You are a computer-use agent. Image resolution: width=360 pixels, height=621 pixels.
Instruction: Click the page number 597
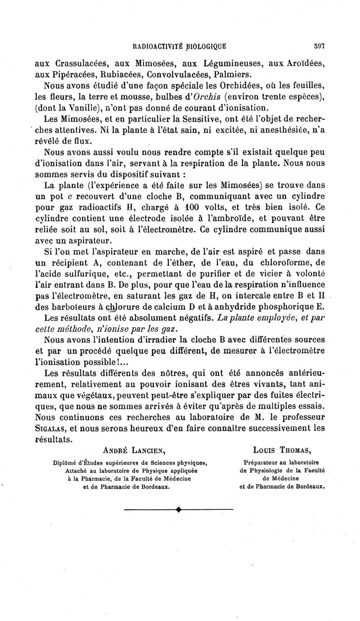coord(319,45)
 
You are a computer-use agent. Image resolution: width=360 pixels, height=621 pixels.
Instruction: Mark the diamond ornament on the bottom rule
coord(179,509)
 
